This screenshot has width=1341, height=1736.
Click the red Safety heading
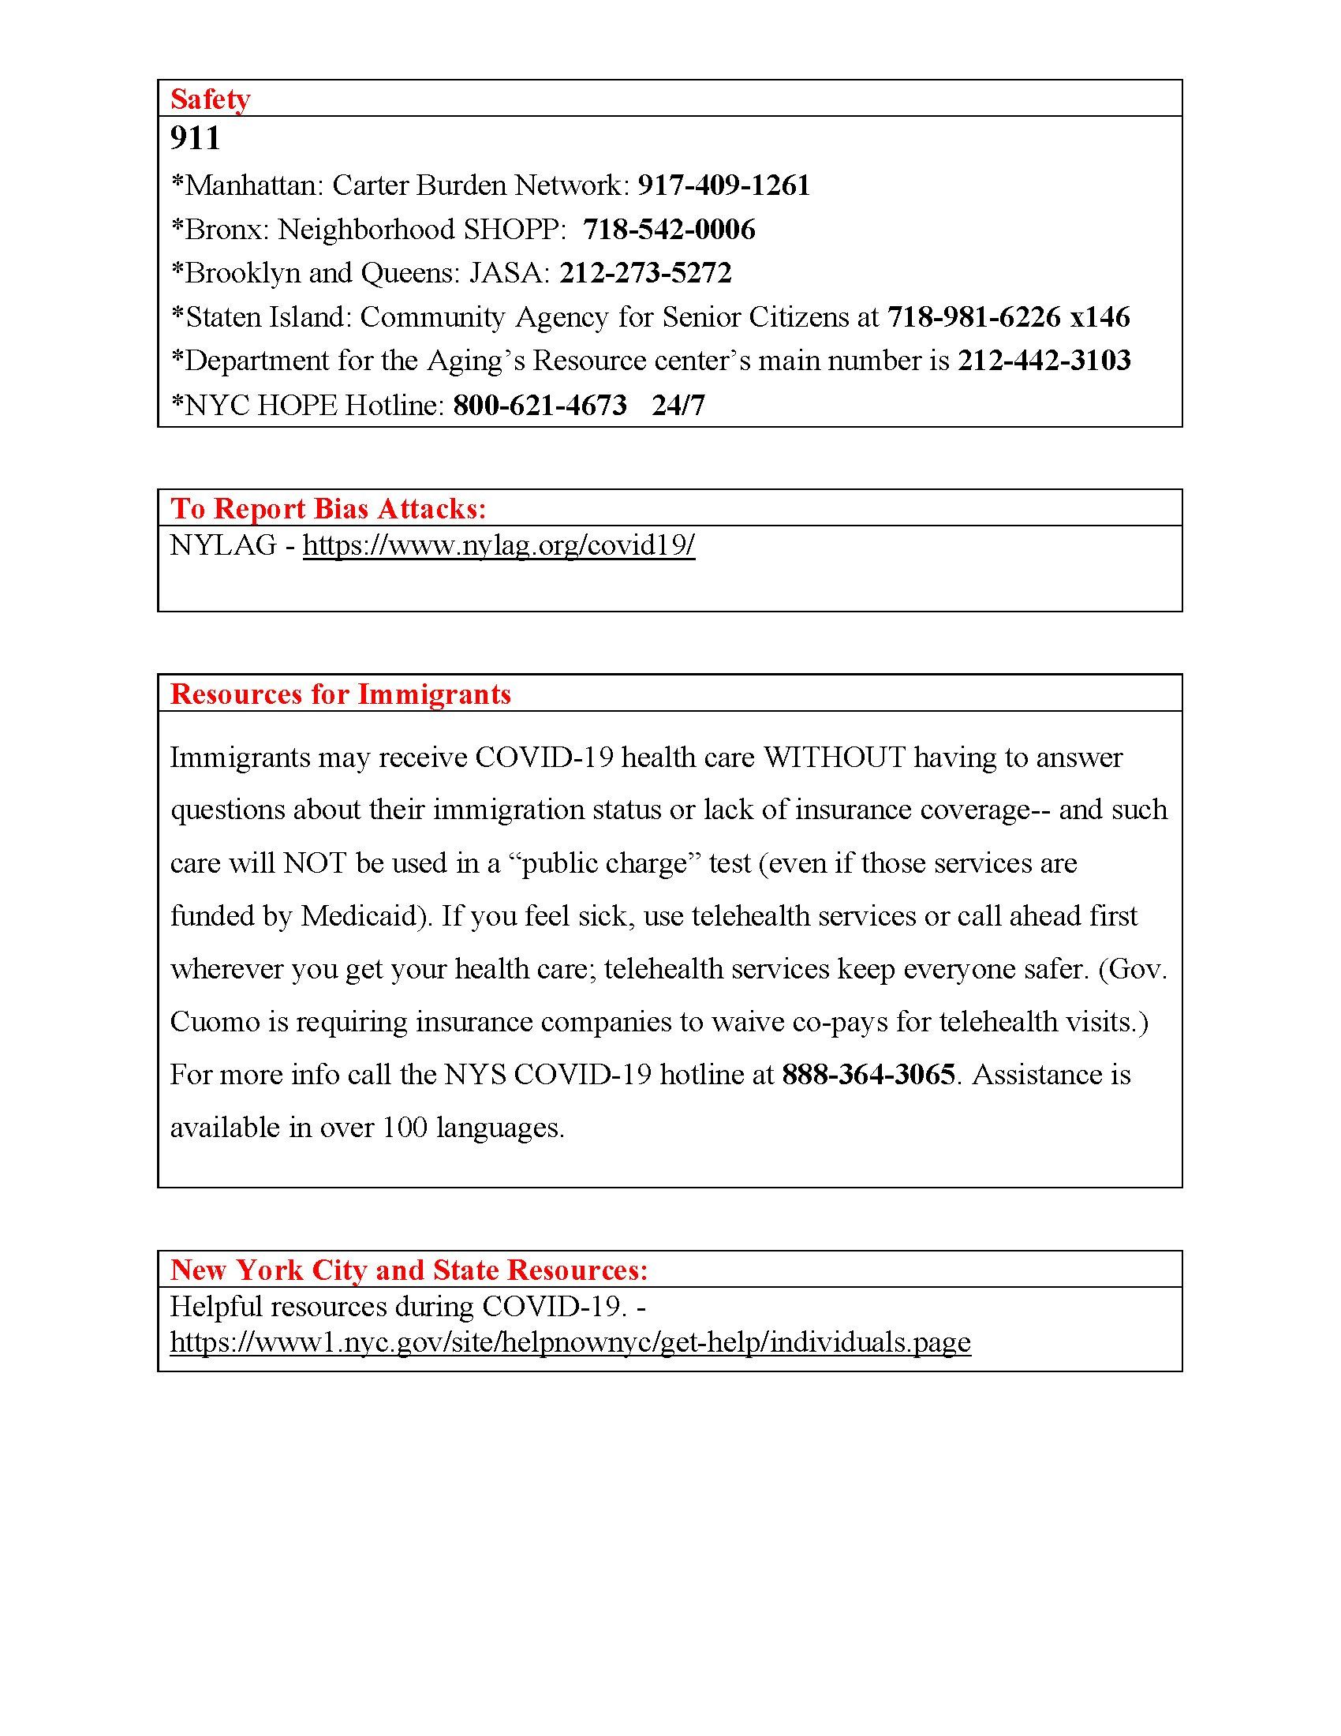click(x=210, y=99)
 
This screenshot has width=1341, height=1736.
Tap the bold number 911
click(x=195, y=138)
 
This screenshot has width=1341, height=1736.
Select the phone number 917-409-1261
click(x=723, y=185)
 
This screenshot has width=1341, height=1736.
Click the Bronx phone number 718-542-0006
click(x=669, y=230)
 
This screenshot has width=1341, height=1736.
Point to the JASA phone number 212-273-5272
click(x=645, y=273)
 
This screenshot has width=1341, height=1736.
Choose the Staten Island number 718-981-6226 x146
click(x=1008, y=317)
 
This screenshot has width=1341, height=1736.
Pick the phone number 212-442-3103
click(x=1044, y=361)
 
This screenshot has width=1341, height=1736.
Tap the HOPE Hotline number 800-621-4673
click(x=540, y=406)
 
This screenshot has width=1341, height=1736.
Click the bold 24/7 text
click(x=678, y=406)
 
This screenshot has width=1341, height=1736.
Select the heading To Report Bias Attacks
click(x=328, y=509)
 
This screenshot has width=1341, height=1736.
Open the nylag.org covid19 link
click(x=499, y=545)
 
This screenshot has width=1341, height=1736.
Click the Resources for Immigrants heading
click(x=341, y=694)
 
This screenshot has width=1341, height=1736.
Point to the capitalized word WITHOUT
click(x=834, y=758)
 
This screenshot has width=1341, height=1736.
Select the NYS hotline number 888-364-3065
click(x=868, y=1075)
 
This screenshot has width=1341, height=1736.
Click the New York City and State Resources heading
click(x=409, y=1270)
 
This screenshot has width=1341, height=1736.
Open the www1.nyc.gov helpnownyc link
click(x=570, y=1342)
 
